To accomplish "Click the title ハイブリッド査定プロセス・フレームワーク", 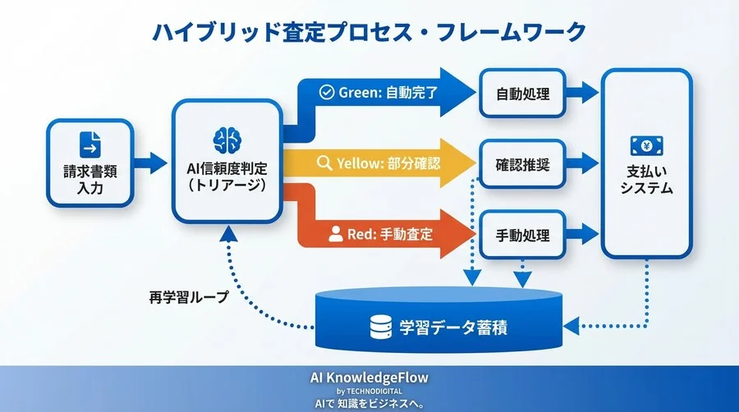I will (x=369, y=32).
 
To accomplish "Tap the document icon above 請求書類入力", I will (x=90, y=144).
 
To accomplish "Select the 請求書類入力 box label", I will (x=90, y=184).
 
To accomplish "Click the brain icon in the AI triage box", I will (x=226, y=138).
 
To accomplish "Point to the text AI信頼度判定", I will (x=226, y=168).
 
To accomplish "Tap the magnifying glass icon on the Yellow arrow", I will (x=324, y=163).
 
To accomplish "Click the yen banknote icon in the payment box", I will (x=646, y=145).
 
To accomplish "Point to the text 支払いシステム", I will (x=646, y=181).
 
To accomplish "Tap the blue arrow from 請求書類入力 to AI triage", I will (x=151, y=162).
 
